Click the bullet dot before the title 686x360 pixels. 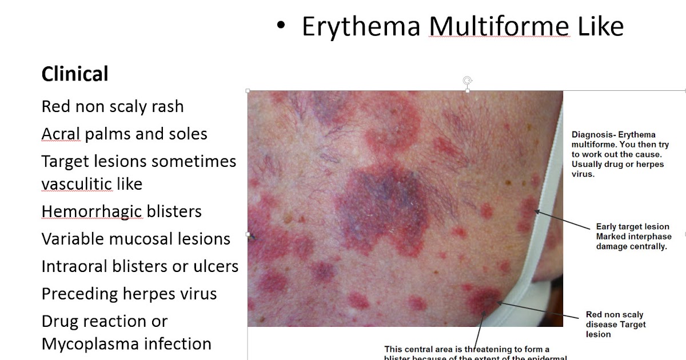point(280,26)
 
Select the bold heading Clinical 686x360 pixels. point(75,74)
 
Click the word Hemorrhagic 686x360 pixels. point(91,211)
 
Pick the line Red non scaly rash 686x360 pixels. point(113,106)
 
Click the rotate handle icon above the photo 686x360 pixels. point(468,81)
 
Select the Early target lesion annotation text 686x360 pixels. point(632,237)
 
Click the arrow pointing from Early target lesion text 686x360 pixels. point(563,220)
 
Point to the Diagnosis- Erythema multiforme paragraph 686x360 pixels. point(620,154)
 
